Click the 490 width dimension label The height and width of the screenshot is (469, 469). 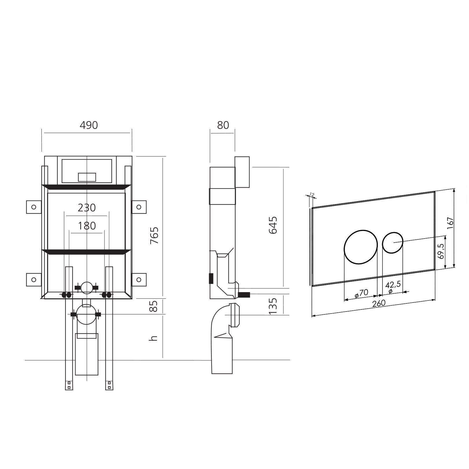[89, 125]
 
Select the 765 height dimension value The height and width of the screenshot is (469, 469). [155, 235]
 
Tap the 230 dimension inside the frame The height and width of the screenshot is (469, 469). [87, 208]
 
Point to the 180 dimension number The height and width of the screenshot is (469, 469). [87, 226]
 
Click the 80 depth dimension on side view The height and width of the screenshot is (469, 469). [223, 125]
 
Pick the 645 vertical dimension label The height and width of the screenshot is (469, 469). [273, 225]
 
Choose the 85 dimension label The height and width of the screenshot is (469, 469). [155, 306]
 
